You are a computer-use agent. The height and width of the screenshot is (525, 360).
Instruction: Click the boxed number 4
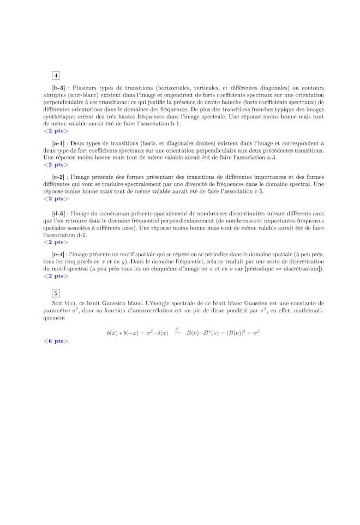(x=56, y=75)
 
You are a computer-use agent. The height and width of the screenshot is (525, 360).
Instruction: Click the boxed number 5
(x=56, y=293)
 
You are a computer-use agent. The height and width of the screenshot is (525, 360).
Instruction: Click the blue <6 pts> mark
(x=56, y=341)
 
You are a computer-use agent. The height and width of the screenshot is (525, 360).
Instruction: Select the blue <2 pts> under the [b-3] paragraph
(x=56, y=131)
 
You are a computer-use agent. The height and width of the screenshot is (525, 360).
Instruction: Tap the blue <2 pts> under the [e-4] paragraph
(x=56, y=276)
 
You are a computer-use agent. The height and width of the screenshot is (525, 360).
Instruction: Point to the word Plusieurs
(x=83, y=88)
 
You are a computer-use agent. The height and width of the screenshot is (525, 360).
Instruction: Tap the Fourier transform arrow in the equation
(x=177, y=331)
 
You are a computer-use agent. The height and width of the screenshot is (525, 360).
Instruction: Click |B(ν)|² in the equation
(x=233, y=332)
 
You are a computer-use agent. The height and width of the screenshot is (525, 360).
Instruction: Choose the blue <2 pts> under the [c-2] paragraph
(x=56, y=198)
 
